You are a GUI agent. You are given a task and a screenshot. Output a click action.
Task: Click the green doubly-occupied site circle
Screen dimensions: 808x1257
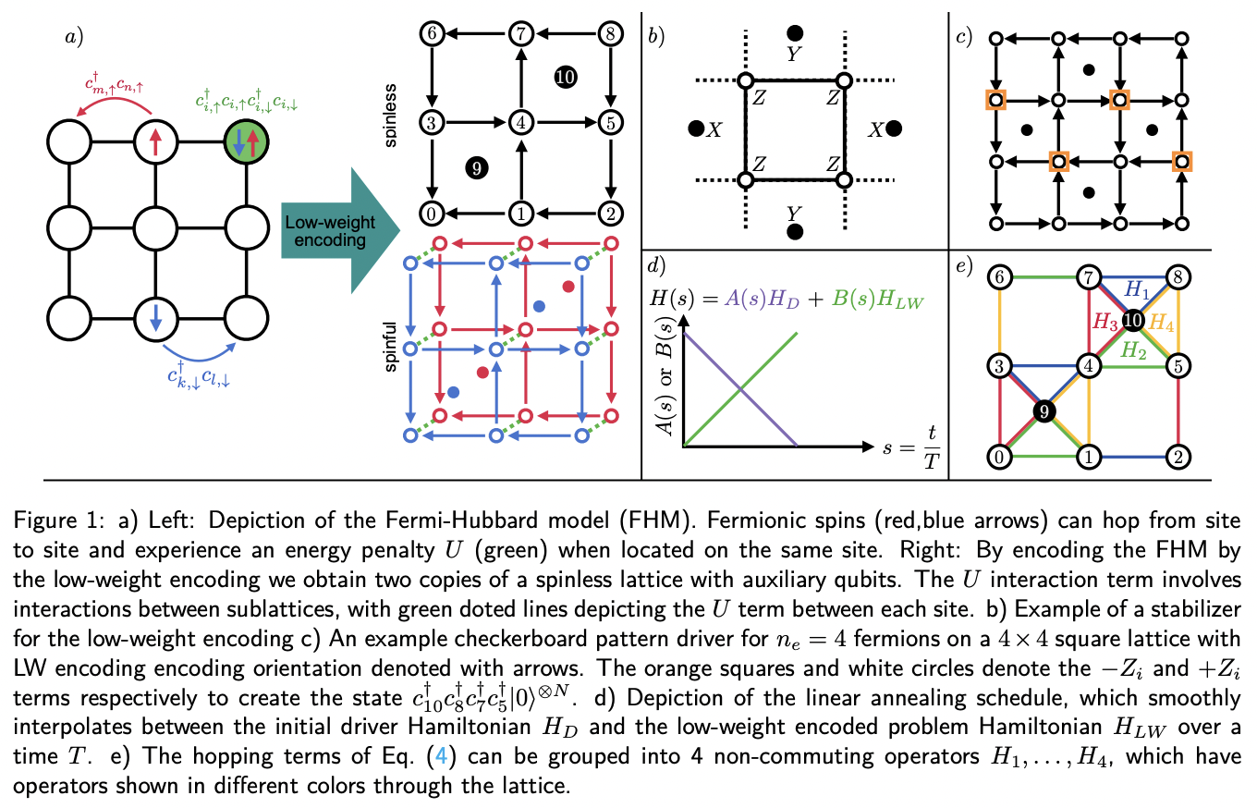246,143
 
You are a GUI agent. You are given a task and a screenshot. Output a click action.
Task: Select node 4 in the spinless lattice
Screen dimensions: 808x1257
521,122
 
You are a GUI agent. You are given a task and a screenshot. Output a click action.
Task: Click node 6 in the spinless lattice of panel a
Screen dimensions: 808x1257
432,33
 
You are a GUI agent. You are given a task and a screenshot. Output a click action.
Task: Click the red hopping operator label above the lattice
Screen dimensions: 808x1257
116,91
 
